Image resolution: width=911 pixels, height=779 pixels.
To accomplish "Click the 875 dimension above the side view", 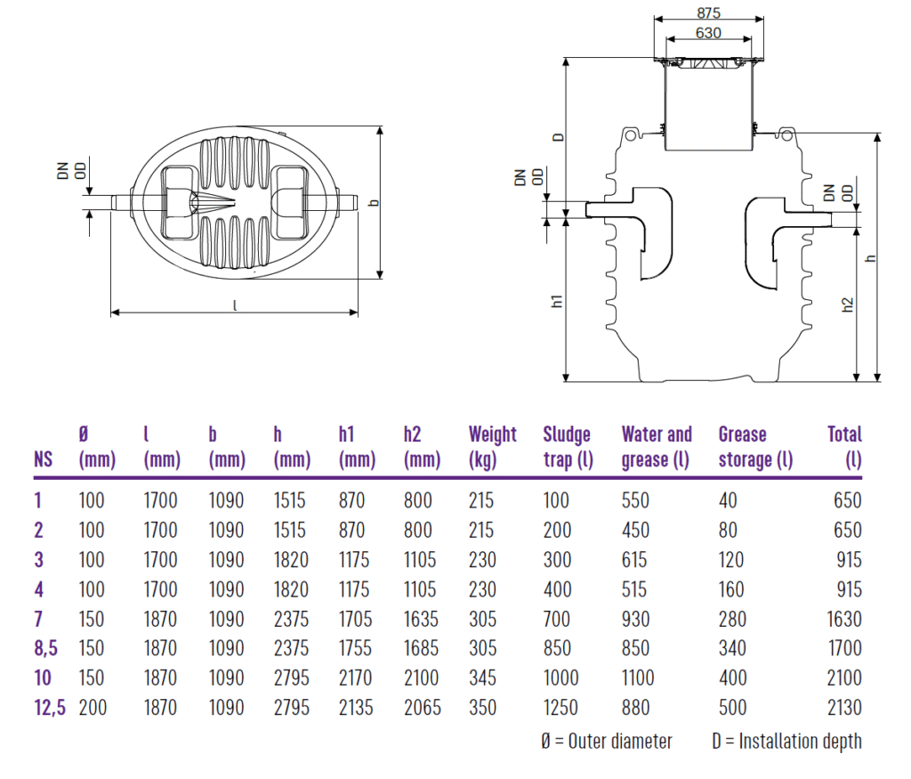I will (709, 13).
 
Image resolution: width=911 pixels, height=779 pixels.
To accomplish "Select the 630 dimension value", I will (709, 34).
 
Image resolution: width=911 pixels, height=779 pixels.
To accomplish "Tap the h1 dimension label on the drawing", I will (558, 301).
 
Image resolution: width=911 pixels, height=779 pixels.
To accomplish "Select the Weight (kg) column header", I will (492, 447).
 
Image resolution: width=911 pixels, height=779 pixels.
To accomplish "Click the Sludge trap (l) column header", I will (568, 447).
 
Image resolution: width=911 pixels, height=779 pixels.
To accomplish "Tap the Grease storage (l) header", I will (755, 447).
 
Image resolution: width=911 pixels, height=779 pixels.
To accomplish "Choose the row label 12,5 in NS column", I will (50, 708).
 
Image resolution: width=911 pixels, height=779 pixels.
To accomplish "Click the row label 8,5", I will (45, 648).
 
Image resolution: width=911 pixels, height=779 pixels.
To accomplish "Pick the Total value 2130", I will (843, 708).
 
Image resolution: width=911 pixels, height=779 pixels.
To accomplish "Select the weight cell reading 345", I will (481, 678).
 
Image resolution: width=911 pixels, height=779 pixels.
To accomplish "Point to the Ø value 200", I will (92, 708).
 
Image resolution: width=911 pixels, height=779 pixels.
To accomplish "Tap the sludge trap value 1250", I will (560, 708).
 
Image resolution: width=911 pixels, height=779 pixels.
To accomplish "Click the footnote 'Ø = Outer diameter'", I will (607, 741).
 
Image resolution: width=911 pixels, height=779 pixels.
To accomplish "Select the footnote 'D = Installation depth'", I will (786, 741).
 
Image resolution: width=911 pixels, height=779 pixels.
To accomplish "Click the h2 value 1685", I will (421, 648).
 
